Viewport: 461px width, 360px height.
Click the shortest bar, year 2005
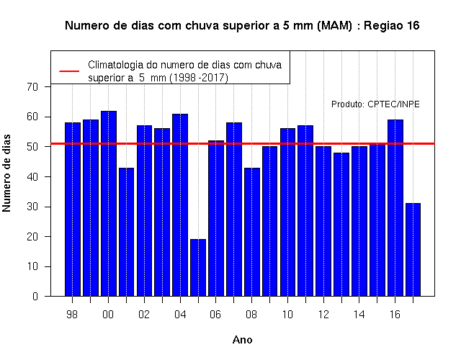click(x=198, y=267)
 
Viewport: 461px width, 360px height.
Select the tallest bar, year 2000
click(x=109, y=203)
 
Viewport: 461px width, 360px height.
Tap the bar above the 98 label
click(x=73, y=210)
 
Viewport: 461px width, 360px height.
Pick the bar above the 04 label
click(x=180, y=204)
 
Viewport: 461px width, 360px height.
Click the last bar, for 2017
click(x=413, y=250)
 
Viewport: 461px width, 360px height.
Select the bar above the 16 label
click(x=395, y=208)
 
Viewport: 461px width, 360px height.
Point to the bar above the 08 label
click(x=251, y=232)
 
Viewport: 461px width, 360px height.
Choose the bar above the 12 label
click(x=323, y=221)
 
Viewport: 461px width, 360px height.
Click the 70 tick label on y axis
click(x=32, y=87)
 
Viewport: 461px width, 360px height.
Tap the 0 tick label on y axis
click(x=35, y=296)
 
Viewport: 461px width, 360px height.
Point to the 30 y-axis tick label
click(x=32, y=207)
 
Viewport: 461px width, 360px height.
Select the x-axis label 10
click(x=287, y=315)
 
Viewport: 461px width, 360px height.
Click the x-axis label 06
click(x=215, y=315)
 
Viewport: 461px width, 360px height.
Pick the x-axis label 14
click(x=359, y=315)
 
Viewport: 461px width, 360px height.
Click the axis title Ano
click(x=243, y=340)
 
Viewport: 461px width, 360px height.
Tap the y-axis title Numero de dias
click(x=6, y=173)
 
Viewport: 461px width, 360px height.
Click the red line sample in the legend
click(x=69, y=71)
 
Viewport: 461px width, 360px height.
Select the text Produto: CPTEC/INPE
click(x=375, y=104)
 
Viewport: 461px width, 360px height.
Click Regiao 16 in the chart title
click(x=392, y=26)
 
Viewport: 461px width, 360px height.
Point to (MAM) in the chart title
click(x=334, y=26)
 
